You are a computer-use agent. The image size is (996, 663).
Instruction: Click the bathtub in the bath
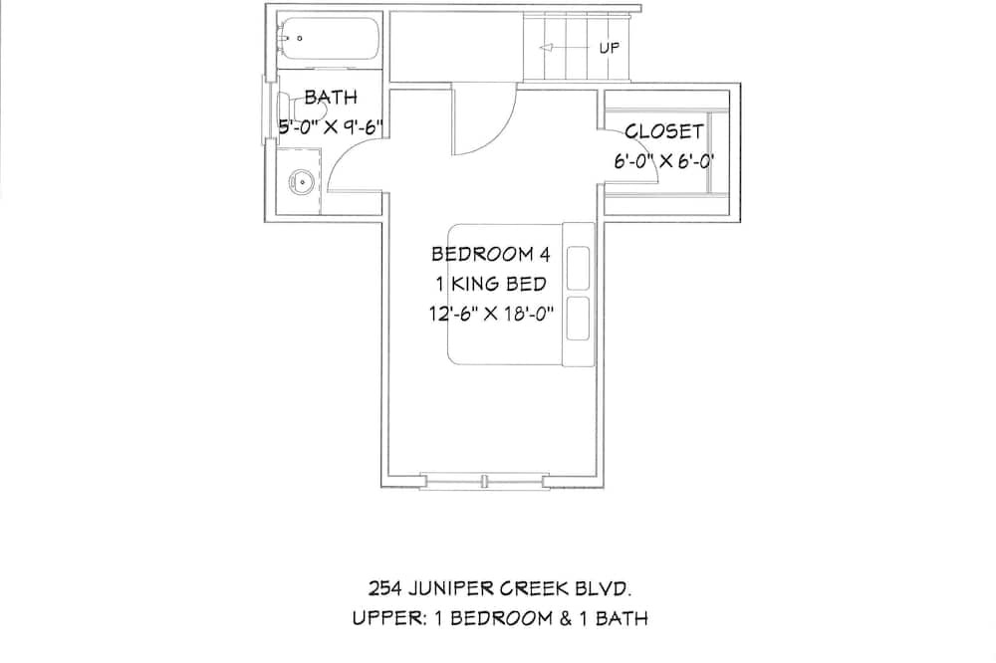pyautogui.click(x=329, y=38)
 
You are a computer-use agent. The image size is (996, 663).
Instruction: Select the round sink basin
pyautogui.click(x=302, y=182)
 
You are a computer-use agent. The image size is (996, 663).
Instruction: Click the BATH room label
pyautogui.click(x=331, y=98)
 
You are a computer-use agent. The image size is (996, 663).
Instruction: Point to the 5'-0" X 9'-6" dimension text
pyautogui.click(x=331, y=127)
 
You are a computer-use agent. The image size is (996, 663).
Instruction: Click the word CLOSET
pyautogui.click(x=664, y=131)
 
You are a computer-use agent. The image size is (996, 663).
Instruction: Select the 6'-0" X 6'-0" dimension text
pyautogui.click(x=664, y=161)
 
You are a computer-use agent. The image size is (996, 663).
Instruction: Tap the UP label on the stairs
pyautogui.click(x=610, y=48)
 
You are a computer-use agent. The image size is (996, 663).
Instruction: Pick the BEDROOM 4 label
pyautogui.click(x=490, y=254)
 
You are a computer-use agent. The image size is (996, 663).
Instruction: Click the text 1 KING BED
pyautogui.click(x=490, y=284)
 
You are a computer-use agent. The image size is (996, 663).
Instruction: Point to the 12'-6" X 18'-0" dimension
pyautogui.click(x=491, y=313)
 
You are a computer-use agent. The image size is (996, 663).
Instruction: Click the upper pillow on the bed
pyautogui.click(x=578, y=269)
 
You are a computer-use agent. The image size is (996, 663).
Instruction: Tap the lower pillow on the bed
pyautogui.click(x=578, y=318)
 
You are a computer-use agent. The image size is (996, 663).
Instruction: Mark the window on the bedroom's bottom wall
pyautogui.click(x=484, y=482)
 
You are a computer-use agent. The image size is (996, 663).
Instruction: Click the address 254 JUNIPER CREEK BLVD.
pyautogui.click(x=500, y=588)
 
